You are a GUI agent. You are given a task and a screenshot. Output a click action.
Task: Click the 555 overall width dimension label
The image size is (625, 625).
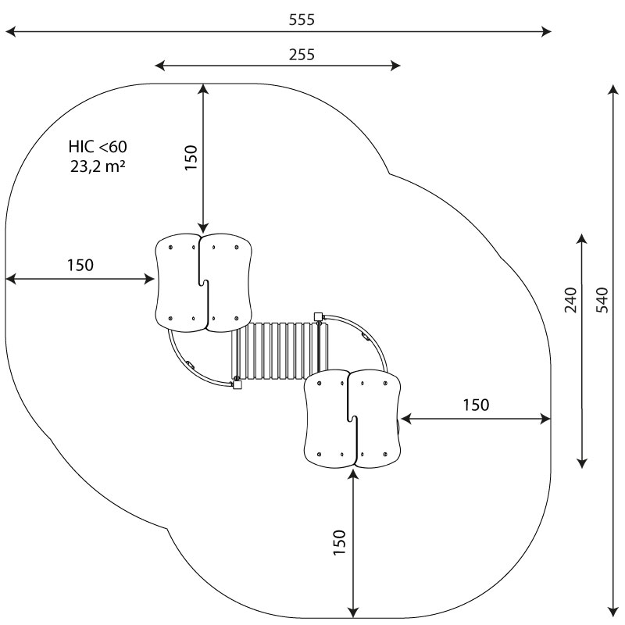coord(302,20)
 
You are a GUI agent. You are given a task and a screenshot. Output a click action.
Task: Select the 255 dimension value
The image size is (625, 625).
coord(302,55)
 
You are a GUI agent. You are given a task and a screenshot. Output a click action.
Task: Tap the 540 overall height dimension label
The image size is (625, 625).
coord(602,300)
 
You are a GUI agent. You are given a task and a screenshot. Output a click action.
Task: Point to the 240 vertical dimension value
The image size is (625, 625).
coord(571,300)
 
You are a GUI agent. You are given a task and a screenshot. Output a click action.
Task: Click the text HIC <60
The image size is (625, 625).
coord(98,147)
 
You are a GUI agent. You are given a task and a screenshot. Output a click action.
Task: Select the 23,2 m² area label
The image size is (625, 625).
coord(98,166)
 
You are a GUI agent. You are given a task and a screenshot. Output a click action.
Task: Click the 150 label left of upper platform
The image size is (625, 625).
coord(80,265)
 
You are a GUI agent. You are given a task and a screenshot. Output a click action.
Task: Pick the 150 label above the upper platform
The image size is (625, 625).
coord(191,158)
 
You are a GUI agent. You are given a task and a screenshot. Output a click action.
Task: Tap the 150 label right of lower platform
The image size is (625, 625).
coord(476,405)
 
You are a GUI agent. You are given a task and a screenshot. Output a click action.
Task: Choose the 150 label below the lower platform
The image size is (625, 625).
coord(339,542)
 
